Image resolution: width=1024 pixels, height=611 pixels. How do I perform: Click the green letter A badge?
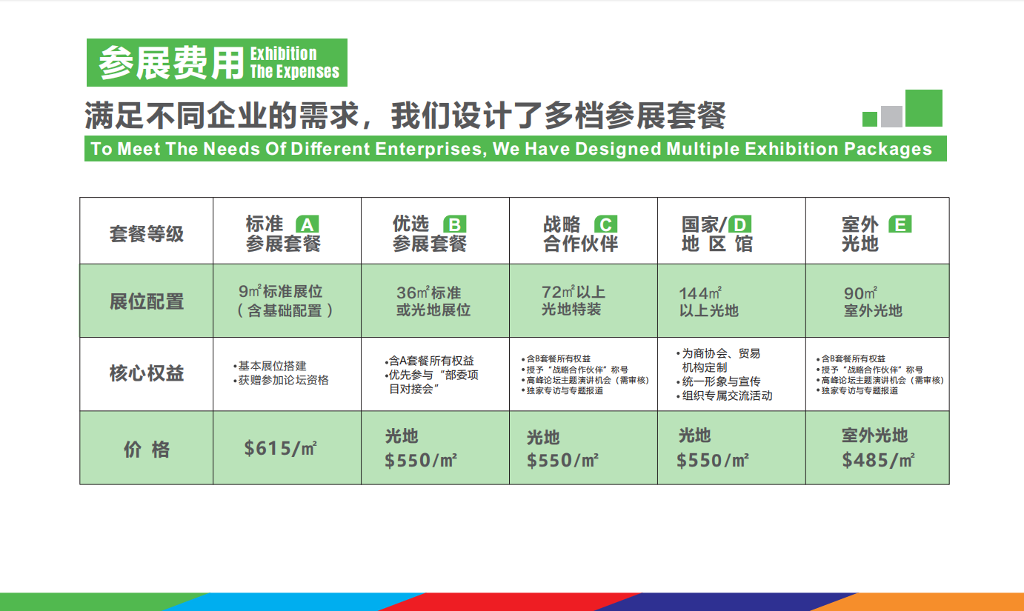pos(307,224)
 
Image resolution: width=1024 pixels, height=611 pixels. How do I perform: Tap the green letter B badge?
pos(455,224)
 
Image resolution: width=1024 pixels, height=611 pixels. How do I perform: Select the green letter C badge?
pos(605,224)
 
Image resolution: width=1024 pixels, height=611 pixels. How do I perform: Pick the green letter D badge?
pos(739,224)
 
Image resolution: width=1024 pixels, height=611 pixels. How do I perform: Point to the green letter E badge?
pos(900,224)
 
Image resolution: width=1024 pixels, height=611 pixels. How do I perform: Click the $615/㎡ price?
pos(280,448)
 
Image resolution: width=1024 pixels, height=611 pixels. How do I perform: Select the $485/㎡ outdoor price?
pos(878,460)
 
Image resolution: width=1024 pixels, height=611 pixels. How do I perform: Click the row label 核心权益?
pos(147,373)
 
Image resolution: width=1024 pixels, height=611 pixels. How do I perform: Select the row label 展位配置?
pos(147,301)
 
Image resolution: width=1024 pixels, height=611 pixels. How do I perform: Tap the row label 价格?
pos(147,450)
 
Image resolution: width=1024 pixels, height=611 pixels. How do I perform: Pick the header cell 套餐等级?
pos(147,234)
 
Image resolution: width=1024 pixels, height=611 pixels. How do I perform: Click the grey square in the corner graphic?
pos(891,116)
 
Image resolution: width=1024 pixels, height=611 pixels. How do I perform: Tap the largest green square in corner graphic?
pos(924,108)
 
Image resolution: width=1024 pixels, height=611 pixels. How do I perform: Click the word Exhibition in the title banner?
pos(284,54)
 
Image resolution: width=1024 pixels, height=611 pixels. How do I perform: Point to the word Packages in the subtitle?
pos(888,149)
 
